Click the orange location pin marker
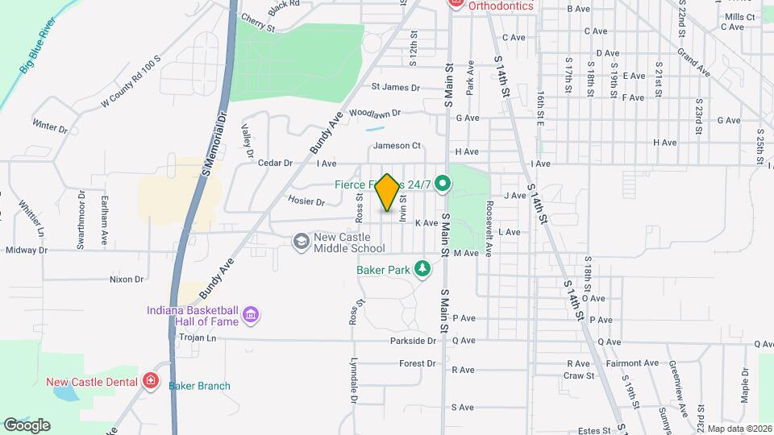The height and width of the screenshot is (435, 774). click(387, 192)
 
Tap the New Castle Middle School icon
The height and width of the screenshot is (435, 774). click(302, 242)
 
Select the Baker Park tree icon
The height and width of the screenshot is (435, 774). click(422, 268)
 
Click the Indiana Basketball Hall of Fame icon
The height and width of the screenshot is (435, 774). click(250, 313)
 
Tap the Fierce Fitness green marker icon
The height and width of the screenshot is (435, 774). click(442, 184)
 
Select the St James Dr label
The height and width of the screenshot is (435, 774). click(395, 87)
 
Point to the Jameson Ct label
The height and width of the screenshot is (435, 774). click(397, 146)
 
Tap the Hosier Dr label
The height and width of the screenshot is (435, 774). click(305, 200)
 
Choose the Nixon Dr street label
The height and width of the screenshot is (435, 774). click(126, 280)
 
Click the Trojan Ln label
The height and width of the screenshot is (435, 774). click(198, 338)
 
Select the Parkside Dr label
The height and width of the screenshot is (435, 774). click(413, 341)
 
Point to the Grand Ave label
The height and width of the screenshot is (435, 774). click(693, 61)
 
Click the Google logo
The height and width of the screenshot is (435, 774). click(27, 425)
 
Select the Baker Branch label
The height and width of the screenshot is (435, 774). click(199, 386)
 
